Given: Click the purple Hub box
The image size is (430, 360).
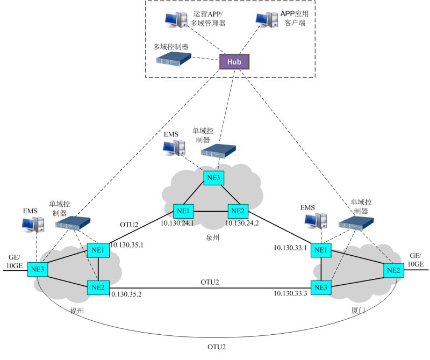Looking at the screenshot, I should click(234, 62).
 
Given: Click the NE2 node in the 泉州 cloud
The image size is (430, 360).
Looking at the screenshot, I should click(237, 211).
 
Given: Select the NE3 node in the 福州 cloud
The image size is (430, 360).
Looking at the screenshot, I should click(38, 269).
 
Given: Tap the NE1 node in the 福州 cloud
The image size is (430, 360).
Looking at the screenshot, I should click(98, 250).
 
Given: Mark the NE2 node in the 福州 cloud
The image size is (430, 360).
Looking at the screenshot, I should click(98, 287).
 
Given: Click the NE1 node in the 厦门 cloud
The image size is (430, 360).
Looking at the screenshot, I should click(321, 250).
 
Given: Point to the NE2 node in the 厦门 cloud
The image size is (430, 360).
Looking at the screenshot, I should click(392, 269).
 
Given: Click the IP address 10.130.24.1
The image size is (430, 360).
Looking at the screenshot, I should click(177, 222).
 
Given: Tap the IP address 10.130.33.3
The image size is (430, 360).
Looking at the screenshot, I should click(290, 293).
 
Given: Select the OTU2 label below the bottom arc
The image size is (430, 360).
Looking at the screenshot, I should click(217, 347).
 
